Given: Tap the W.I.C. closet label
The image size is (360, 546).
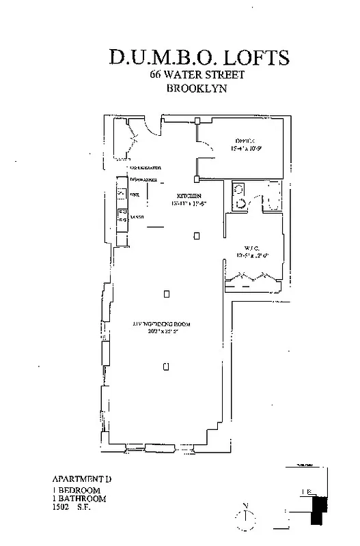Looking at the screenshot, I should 251,248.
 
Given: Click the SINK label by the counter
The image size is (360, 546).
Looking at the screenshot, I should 133,195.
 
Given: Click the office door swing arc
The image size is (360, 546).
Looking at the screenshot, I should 202,137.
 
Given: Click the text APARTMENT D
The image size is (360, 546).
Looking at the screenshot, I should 81,479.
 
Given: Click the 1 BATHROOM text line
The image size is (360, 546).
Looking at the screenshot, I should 77,499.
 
